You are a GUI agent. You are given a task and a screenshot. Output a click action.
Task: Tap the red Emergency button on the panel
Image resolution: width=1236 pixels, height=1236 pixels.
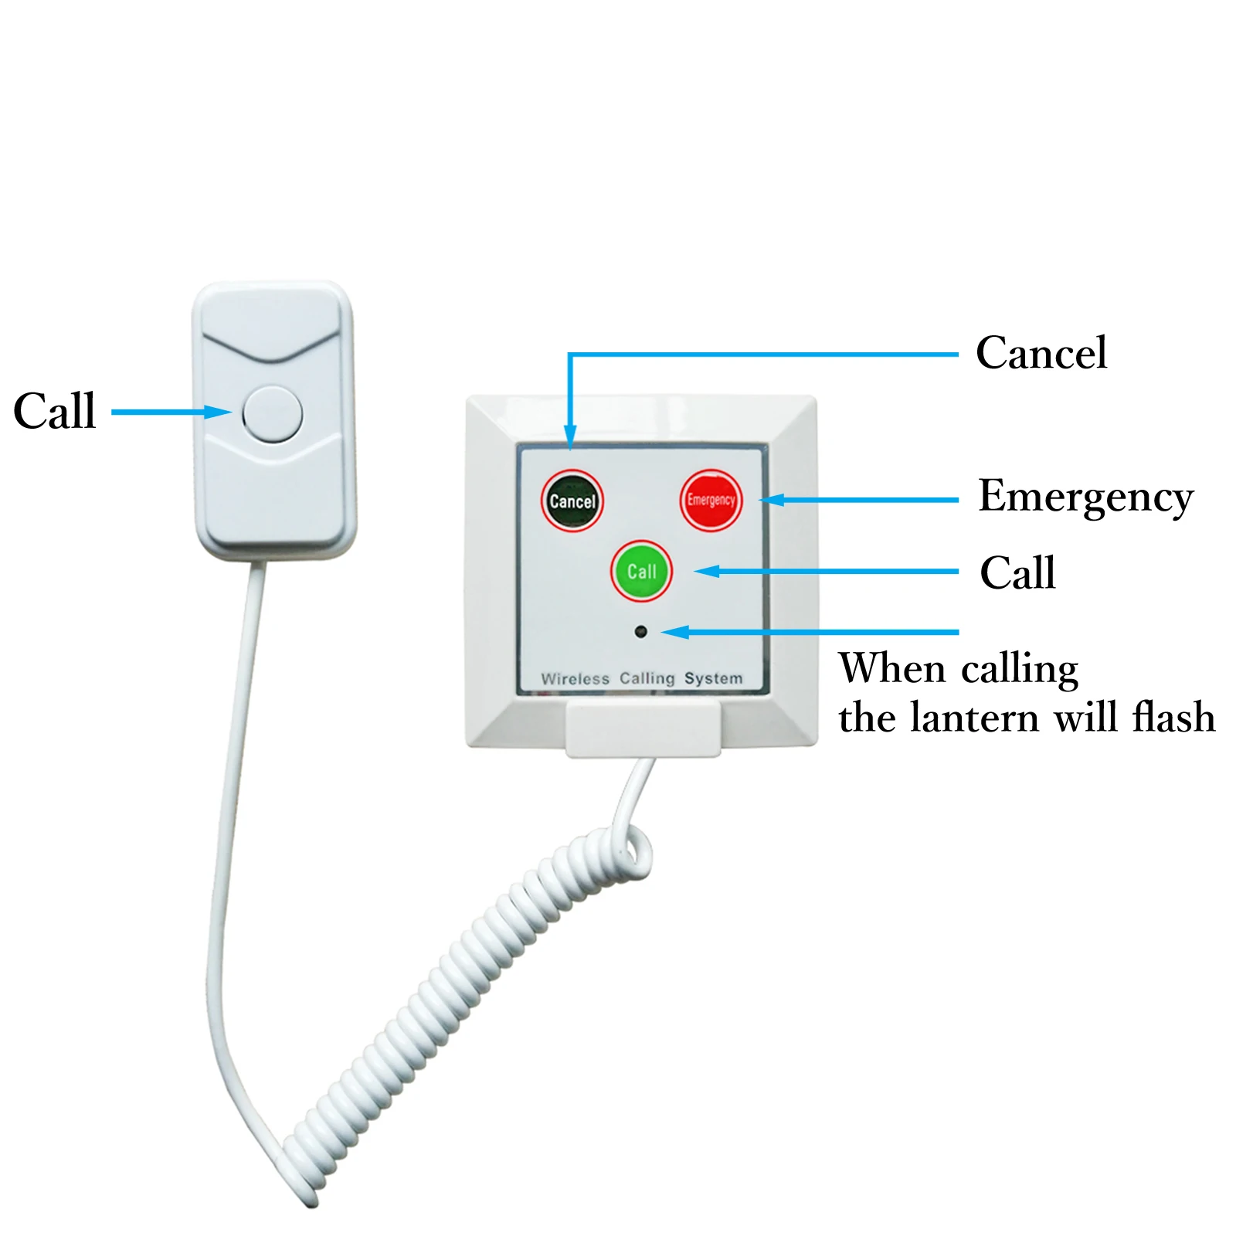711,500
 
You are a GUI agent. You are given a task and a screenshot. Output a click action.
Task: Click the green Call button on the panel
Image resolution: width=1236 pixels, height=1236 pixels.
641,572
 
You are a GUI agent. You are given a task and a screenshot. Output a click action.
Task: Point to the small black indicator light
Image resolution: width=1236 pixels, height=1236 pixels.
640,632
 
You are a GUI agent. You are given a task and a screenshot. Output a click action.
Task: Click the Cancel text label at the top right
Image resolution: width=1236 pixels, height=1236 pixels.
1041,354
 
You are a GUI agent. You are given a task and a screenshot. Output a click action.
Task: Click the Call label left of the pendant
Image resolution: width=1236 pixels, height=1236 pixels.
55,411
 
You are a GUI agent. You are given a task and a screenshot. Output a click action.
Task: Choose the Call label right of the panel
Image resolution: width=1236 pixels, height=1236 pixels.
1017,573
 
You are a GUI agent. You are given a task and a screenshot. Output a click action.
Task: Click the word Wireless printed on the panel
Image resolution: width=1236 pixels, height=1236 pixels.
576,679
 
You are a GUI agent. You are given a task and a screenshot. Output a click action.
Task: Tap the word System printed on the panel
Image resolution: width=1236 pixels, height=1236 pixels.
713,678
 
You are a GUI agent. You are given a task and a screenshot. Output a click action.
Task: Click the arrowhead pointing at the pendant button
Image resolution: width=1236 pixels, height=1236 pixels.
218,412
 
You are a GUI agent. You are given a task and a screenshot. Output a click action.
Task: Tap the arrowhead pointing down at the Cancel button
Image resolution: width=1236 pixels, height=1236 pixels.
570,436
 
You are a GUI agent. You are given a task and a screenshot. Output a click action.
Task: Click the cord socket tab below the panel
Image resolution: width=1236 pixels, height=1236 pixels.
643,729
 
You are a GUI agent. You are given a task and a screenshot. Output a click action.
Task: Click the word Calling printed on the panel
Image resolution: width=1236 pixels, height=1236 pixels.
647,678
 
